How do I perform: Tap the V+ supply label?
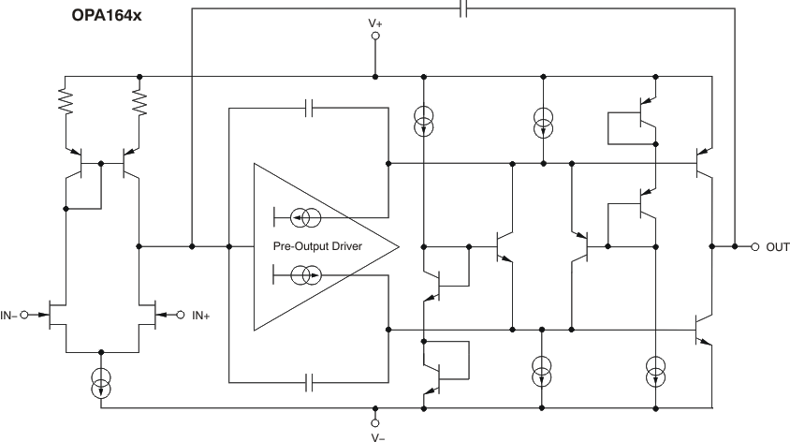coord(375,20)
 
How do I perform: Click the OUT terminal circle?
coord(755,247)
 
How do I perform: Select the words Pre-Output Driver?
coord(318,247)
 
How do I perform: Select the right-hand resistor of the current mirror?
coord(139,101)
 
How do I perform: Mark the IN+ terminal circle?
coord(182,316)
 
